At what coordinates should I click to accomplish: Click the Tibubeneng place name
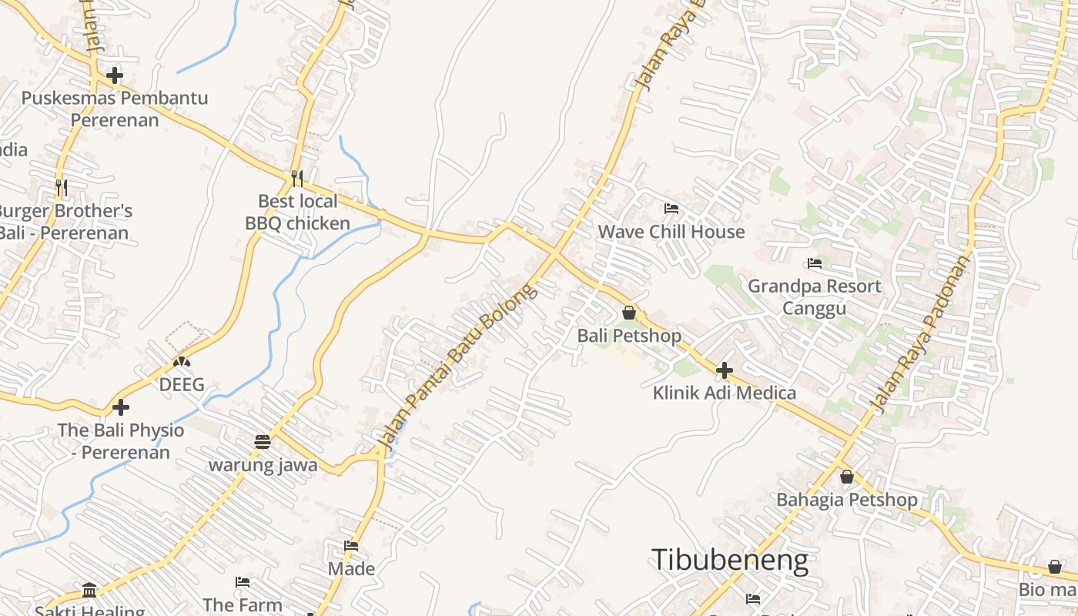(729, 560)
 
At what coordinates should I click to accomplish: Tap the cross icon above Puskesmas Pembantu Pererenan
(115, 75)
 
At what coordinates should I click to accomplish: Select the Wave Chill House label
(671, 232)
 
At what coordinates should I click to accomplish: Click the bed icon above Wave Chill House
(671, 209)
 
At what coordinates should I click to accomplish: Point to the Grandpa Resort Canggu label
(815, 297)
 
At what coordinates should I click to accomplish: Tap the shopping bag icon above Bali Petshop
(629, 313)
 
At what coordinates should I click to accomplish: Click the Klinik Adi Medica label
(725, 393)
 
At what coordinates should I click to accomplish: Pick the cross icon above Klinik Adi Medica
(724, 370)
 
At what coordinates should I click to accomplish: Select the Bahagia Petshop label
(846, 500)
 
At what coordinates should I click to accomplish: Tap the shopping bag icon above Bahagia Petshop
(847, 477)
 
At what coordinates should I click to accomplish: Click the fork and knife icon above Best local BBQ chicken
(297, 179)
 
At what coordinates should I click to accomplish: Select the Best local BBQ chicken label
(297, 213)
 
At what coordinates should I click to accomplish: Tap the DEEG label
(182, 384)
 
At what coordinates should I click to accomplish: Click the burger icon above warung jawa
(263, 442)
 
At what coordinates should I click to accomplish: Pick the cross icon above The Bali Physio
(121, 407)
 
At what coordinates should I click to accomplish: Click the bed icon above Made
(351, 546)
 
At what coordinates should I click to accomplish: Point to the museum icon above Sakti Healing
(89, 591)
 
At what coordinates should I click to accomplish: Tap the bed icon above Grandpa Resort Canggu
(815, 263)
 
